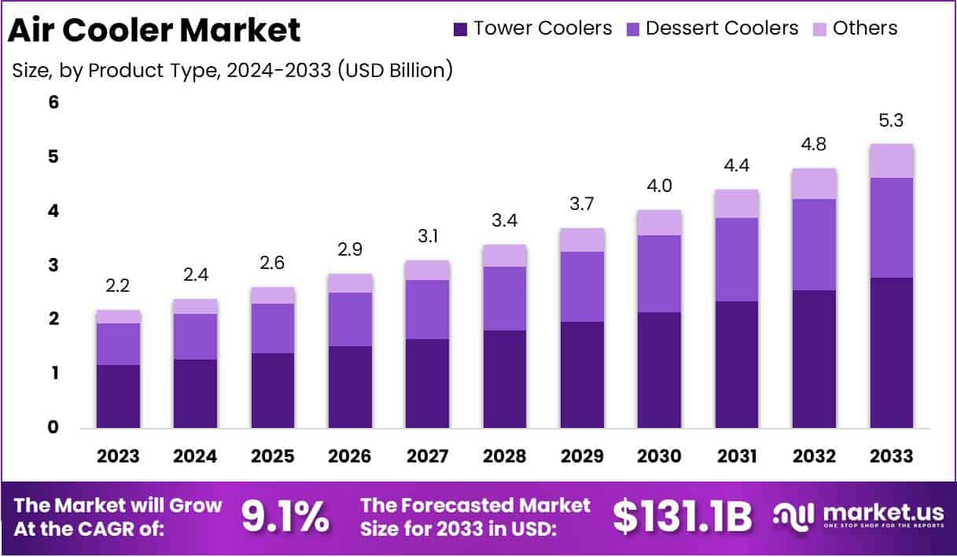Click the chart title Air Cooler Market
click(x=154, y=30)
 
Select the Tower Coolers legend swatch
click(x=460, y=29)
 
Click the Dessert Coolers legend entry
click(x=721, y=29)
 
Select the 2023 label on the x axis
click(x=118, y=456)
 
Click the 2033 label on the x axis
click(x=891, y=456)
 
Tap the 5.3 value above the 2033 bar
click(x=891, y=121)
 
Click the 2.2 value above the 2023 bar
click(x=118, y=286)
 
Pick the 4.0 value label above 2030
click(x=659, y=186)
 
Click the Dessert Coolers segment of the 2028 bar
click(x=505, y=298)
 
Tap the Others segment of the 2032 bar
click(x=814, y=183)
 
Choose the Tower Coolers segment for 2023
click(x=118, y=396)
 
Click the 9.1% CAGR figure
click(x=285, y=516)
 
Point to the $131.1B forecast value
click(x=682, y=516)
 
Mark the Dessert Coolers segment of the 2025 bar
click(x=273, y=328)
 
